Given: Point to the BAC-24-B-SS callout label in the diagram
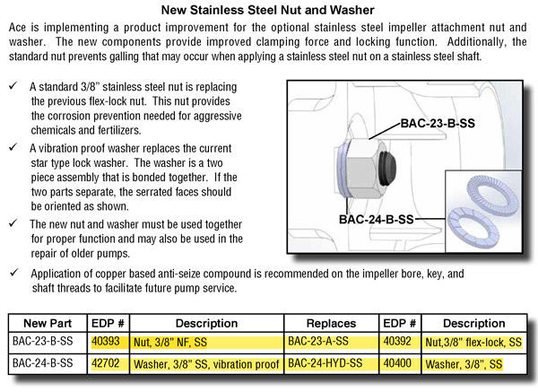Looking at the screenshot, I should click(377, 218).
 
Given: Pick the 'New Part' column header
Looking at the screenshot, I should click(44, 323).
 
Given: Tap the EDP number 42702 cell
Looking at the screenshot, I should click(106, 364).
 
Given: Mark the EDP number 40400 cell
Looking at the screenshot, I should click(399, 364).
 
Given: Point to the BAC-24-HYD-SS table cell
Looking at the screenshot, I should click(327, 364).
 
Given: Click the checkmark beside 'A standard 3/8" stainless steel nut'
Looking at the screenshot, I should click(12, 86).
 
